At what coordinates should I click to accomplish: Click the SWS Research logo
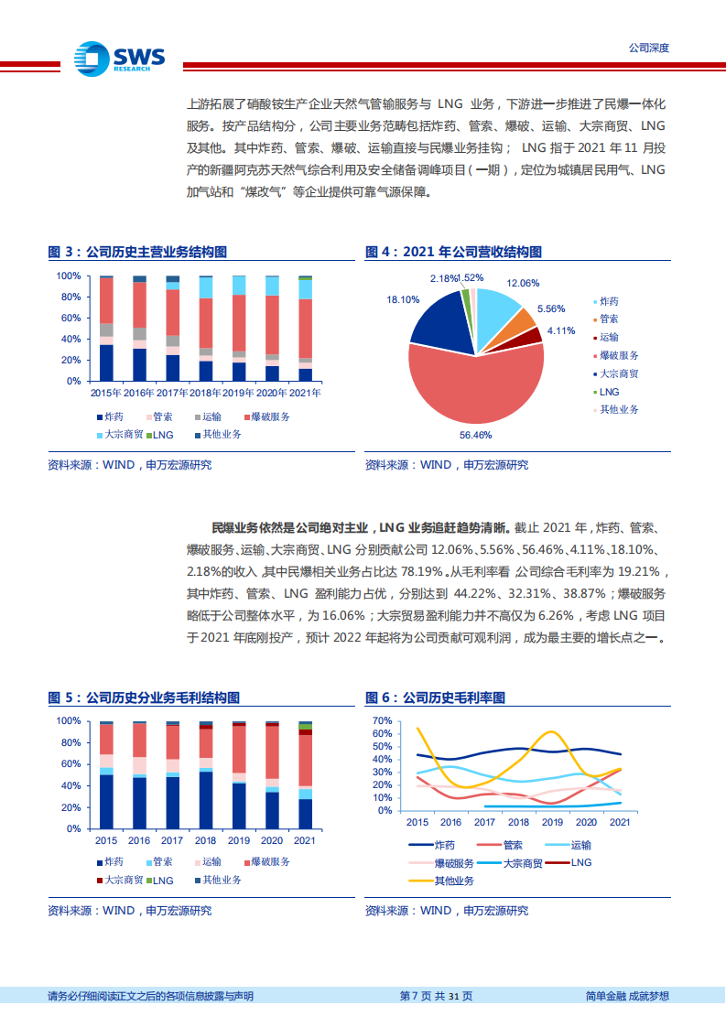[x=120, y=58]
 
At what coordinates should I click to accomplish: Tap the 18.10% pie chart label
[x=403, y=299]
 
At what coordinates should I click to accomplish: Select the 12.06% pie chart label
[x=523, y=284]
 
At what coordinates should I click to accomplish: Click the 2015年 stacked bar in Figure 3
[x=107, y=328]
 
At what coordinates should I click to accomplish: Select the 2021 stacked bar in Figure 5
[x=305, y=774]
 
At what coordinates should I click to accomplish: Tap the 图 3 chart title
[x=137, y=253]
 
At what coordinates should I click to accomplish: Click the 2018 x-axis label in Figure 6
[x=518, y=822]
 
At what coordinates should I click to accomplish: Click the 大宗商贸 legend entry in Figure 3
[x=121, y=435]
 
